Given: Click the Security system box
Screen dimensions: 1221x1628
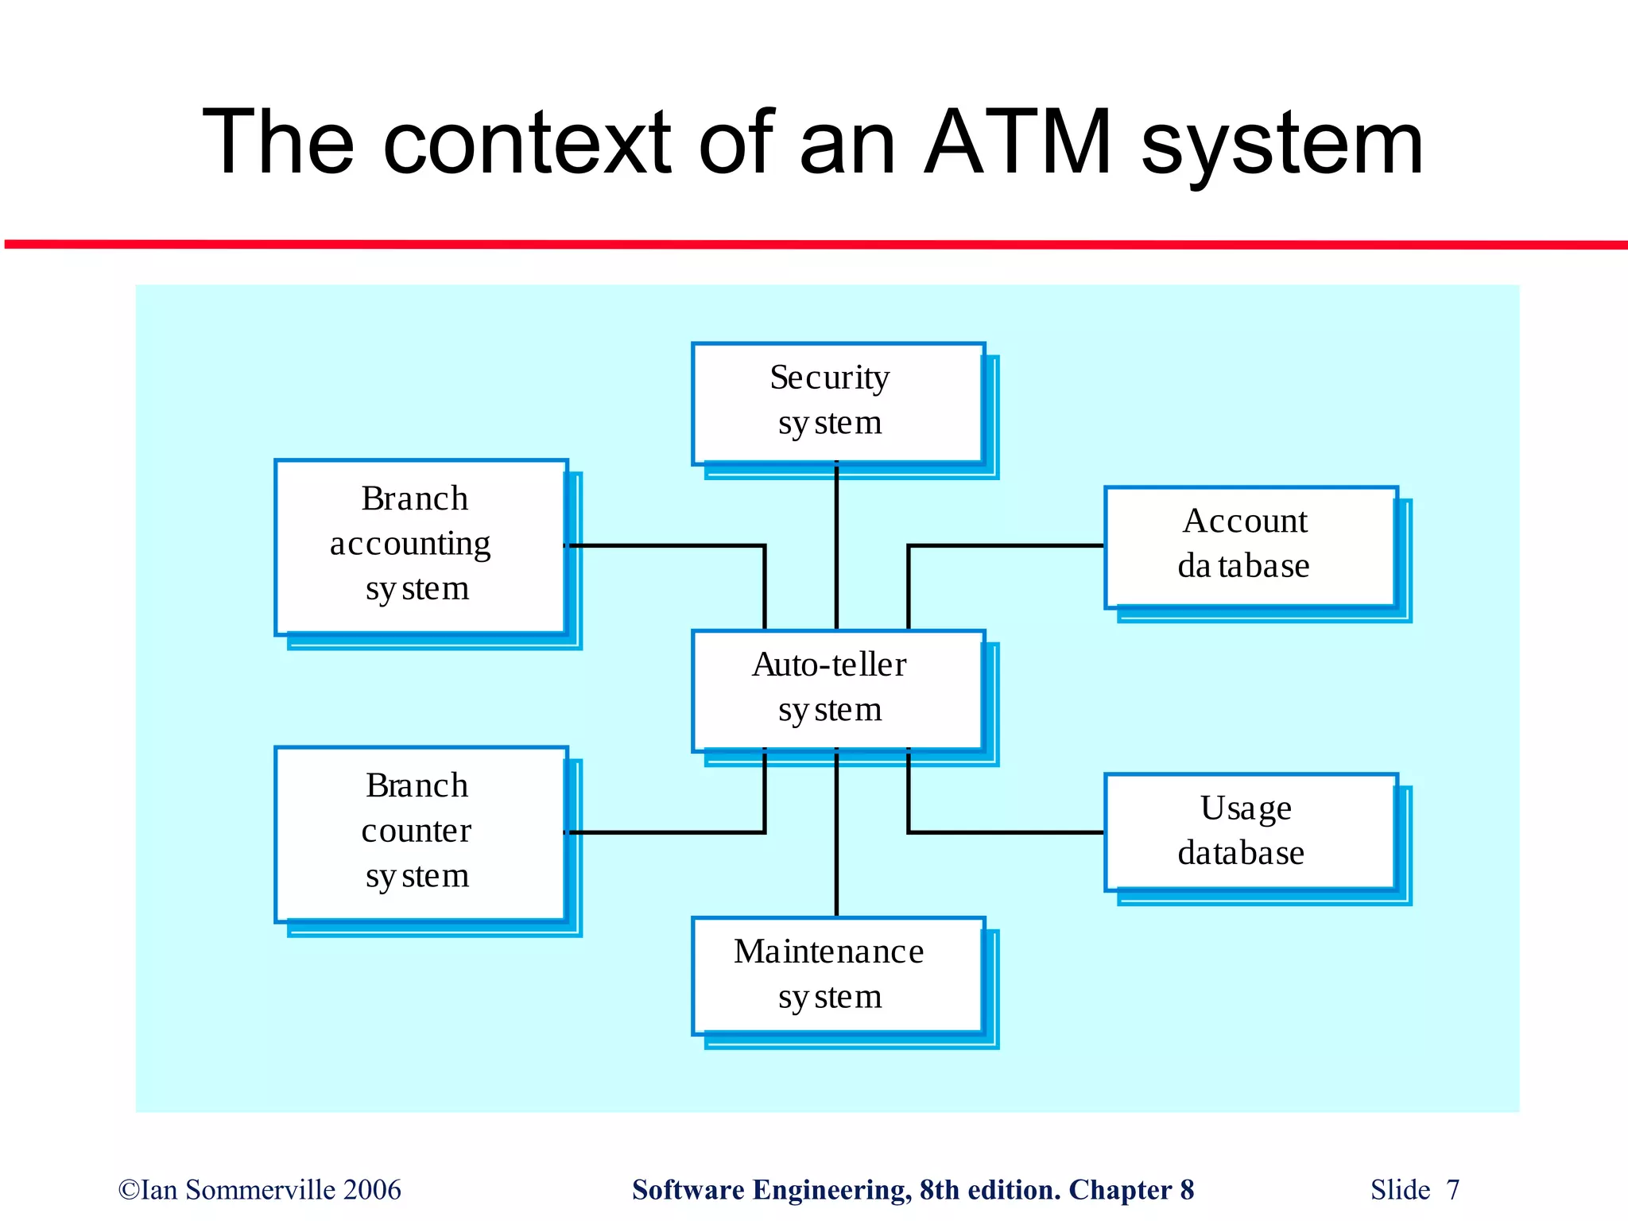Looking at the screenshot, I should click(838, 403).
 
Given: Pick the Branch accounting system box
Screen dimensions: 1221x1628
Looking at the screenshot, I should click(421, 547).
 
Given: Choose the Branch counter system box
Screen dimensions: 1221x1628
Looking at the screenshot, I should click(421, 834).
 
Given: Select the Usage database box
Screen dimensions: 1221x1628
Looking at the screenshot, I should click(1250, 831).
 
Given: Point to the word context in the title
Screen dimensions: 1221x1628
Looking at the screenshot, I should click(527, 143).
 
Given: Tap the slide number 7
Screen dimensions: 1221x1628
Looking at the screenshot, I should click(1452, 1190).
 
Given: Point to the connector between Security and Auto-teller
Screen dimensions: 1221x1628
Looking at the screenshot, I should click(836, 548).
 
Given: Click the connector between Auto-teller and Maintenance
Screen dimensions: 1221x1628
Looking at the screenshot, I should click(836, 835).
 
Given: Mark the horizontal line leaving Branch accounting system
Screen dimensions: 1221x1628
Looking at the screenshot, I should click(668, 545).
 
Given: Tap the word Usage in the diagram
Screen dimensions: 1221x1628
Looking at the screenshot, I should click(1246, 808).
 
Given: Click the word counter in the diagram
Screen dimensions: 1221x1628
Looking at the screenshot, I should click(416, 831).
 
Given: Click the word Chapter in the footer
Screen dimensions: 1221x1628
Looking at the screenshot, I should click(1120, 1190).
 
